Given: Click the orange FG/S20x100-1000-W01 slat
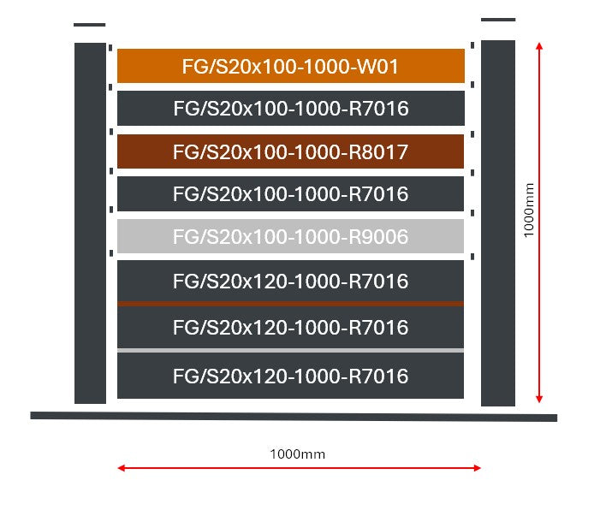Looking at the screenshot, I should point(291,66).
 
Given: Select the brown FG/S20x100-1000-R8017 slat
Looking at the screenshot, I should point(291,151).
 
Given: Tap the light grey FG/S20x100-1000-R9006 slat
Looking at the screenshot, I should point(291,236).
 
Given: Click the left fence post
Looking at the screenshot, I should point(90,222).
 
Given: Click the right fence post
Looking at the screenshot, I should point(498,222).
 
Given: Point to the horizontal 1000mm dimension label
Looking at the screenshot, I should point(297,454).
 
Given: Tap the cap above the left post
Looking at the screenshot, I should point(90,25).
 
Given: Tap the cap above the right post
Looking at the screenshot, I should point(498,19).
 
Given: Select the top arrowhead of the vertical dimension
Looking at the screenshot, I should point(538,44).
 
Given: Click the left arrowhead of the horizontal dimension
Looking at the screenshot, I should point(122,468).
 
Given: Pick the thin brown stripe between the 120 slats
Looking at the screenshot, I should point(291,304).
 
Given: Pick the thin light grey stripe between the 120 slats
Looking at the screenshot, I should point(291,351).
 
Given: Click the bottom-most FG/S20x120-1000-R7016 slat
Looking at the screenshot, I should point(291,376).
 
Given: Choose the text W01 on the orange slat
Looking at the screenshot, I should point(379,67).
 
